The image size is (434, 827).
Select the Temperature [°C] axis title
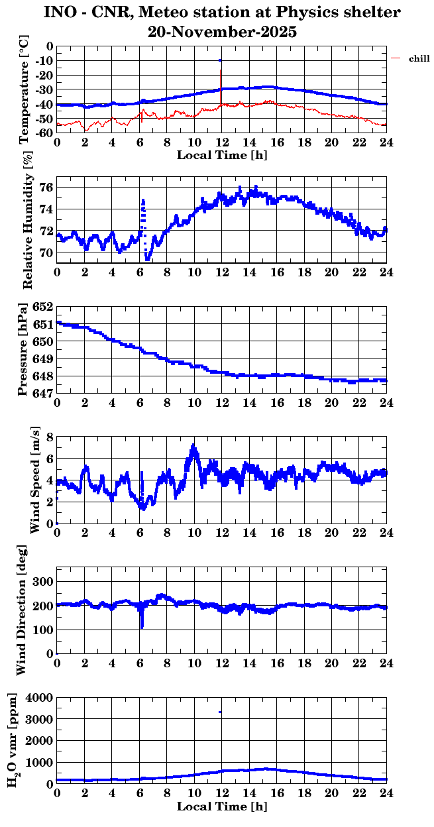point(25,90)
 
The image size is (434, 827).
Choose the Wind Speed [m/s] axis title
point(34,479)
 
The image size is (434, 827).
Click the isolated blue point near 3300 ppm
point(220,712)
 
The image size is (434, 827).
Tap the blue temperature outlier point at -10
point(220,60)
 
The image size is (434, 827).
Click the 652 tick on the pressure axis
point(43,307)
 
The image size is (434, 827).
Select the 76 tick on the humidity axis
point(46,187)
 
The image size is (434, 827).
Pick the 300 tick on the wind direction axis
point(43,581)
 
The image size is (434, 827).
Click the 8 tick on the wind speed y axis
point(49,437)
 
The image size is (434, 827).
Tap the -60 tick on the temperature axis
point(43,133)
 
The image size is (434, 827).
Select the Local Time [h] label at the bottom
point(222,806)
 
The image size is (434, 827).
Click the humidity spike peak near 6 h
point(142,199)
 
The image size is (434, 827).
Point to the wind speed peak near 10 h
point(193,445)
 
